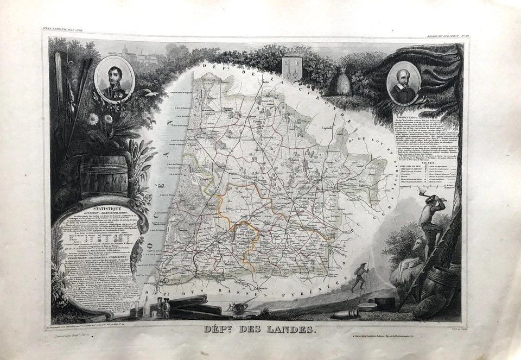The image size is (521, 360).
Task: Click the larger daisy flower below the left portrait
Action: point(93,119)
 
